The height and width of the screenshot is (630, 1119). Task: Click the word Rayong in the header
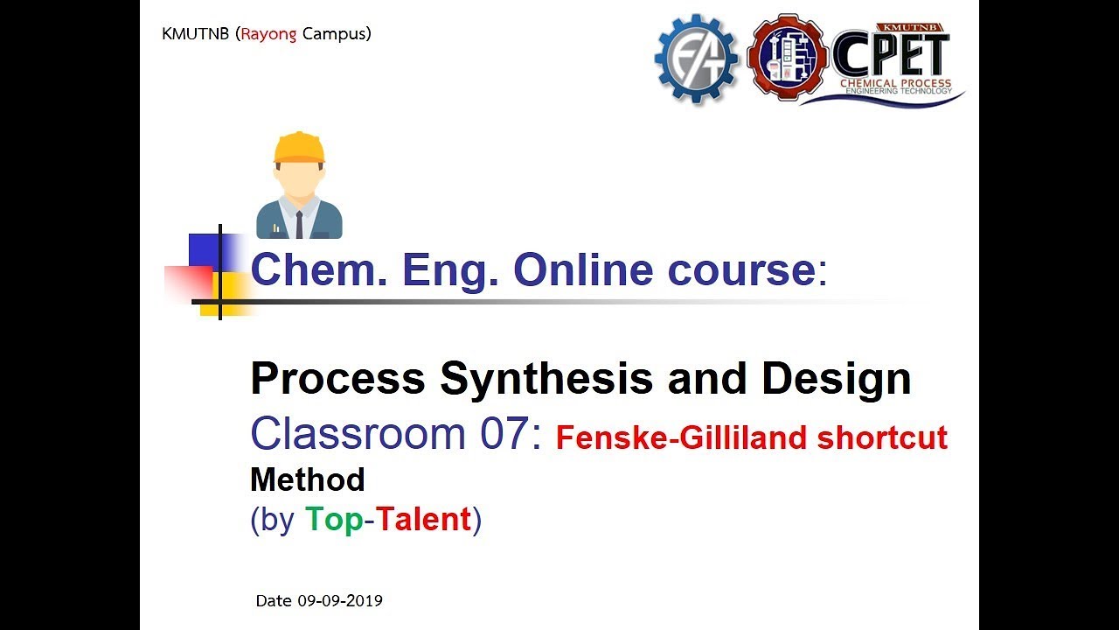(269, 35)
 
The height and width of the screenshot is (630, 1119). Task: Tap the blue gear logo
(697, 59)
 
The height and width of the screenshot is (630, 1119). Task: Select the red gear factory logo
(788, 58)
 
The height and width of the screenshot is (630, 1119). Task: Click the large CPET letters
(891, 55)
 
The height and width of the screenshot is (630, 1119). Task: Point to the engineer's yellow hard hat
(299, 148)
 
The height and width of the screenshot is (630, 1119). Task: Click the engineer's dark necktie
(299, 224)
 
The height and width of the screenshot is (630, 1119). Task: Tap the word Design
(836, 379)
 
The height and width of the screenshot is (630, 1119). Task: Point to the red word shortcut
(893, 437)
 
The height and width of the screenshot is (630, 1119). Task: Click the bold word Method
(307, 479)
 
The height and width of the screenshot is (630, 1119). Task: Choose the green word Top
(334, 520)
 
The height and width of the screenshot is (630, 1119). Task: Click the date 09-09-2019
(339, 601)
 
